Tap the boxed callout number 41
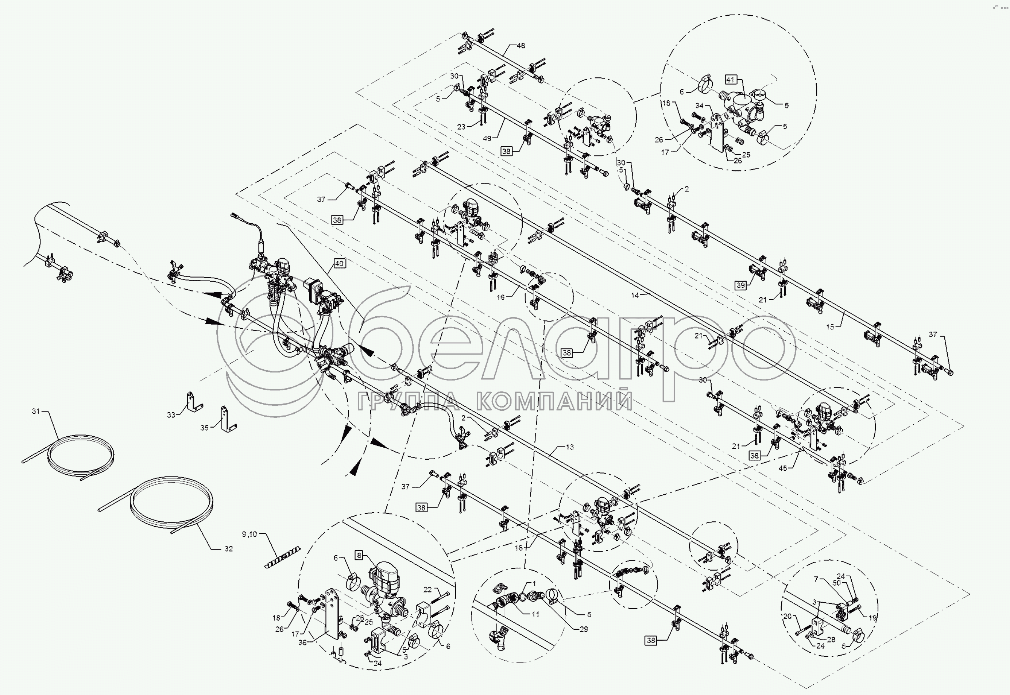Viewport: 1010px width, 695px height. pos(731,80)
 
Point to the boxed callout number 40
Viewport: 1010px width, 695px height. pos(339,263)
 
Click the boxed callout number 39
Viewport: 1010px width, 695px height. pos(740,286)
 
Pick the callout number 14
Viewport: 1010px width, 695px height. pos(635,295)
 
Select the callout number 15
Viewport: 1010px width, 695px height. pos(830,327)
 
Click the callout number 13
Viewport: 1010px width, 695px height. pos(570,447)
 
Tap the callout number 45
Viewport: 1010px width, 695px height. pos(783,468)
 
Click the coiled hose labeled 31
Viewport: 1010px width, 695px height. pos(81,457)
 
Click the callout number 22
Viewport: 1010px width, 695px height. pos(427,590)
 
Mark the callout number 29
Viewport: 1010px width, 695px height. pos(583,629)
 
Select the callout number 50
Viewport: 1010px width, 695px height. pos(836,583)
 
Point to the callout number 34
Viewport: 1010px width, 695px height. pos(699,106)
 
